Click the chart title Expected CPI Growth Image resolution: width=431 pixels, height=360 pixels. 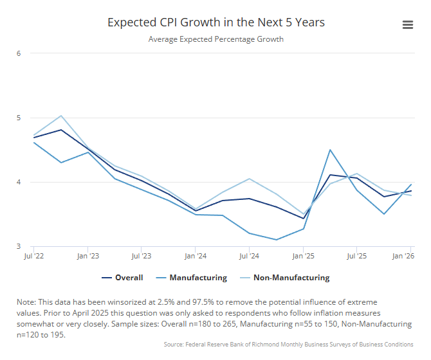(215, 22)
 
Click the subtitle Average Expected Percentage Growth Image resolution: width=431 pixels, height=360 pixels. (215, 39)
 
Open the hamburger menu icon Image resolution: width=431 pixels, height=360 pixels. (407, 24)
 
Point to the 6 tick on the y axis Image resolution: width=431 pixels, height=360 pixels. (19, 53)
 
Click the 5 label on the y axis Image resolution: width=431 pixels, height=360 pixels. (19, 118)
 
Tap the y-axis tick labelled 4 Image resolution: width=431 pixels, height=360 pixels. (19, 182)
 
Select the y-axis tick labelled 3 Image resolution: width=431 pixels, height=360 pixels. (19, 246)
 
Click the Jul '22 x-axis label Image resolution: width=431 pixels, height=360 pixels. (33, 256)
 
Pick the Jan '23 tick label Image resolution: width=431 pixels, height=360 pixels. (87, 256)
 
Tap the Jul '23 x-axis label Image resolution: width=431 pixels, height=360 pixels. (141, 256)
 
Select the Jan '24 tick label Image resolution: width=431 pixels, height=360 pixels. (195, 256)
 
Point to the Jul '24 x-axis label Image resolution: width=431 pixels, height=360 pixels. (249, 256)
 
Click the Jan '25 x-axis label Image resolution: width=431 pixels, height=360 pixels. (303, 256)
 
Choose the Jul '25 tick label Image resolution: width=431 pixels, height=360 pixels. (357, 256)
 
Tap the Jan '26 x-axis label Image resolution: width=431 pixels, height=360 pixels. (403, 256)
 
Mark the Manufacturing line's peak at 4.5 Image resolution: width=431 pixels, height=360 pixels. (330, 150)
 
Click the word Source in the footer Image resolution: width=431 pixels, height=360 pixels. (175, 345)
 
